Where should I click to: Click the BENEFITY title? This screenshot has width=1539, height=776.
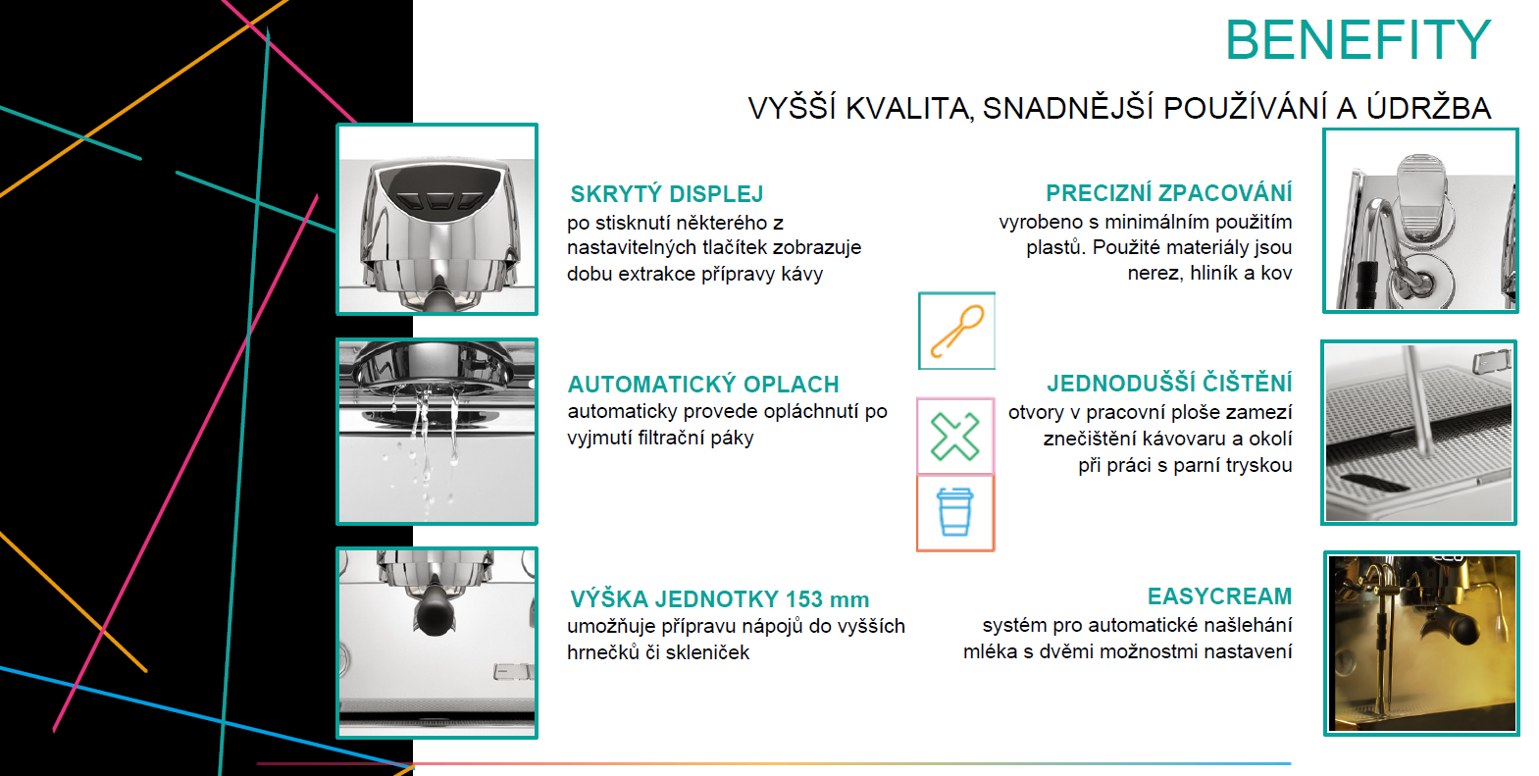1358,40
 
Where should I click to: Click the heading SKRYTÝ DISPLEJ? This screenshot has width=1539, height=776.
666,194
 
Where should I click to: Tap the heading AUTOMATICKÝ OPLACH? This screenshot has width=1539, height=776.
703,384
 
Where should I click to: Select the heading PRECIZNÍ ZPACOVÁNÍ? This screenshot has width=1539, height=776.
1168,192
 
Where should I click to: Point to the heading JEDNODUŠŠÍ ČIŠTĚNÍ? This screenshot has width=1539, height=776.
1169,383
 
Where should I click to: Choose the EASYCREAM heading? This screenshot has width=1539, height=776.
1219,595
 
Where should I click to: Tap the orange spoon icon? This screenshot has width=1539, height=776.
956,332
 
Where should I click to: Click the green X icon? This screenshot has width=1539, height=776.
954,436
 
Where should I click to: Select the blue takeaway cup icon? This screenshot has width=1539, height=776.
955,512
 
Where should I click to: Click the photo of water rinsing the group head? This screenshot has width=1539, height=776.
436,432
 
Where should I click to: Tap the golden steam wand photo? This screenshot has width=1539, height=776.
1421,644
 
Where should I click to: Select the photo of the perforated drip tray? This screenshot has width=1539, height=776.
1418,433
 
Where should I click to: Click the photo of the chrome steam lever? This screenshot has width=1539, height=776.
1421,221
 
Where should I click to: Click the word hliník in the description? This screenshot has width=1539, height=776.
1212,273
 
